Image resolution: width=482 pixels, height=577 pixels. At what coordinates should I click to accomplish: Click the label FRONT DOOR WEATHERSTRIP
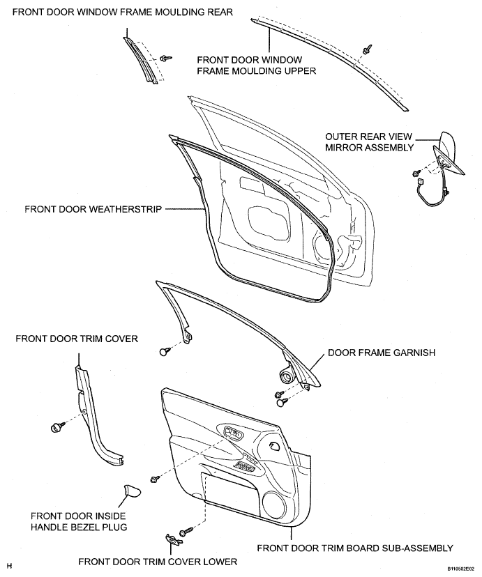(x=93, y=209)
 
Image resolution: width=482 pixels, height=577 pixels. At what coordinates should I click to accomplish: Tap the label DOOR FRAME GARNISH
(x=382, y=353)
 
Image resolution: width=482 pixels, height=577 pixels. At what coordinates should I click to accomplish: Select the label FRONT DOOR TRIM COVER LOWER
(x=158, y=562)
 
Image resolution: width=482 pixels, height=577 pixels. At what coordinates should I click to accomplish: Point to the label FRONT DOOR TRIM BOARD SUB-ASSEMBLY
(x=355, y=548)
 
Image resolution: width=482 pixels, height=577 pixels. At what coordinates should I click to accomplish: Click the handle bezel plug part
(x=132, y=491)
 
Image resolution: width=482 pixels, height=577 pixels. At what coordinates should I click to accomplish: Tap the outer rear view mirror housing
(x=449, y=153)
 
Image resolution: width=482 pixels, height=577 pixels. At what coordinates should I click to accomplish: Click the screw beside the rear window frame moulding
(x=166, y=58)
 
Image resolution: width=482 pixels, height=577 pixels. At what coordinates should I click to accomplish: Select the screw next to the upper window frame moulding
(x=367, y=49)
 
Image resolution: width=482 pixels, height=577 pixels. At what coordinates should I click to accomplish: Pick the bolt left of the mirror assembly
(x=416, y=172)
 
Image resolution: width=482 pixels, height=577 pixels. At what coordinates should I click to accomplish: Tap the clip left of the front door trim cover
(x=57, y=427)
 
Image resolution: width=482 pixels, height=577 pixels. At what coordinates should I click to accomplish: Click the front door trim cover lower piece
(x=173, y=539)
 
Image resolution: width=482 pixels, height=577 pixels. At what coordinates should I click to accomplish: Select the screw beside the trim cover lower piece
(x=186, y=532)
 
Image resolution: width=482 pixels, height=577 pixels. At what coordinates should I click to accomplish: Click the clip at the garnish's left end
(x=164, y=351)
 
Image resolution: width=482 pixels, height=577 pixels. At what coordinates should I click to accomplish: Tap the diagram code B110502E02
(x=460, y=569)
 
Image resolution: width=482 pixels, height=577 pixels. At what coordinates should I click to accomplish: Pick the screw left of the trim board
(x=155, y=479)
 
